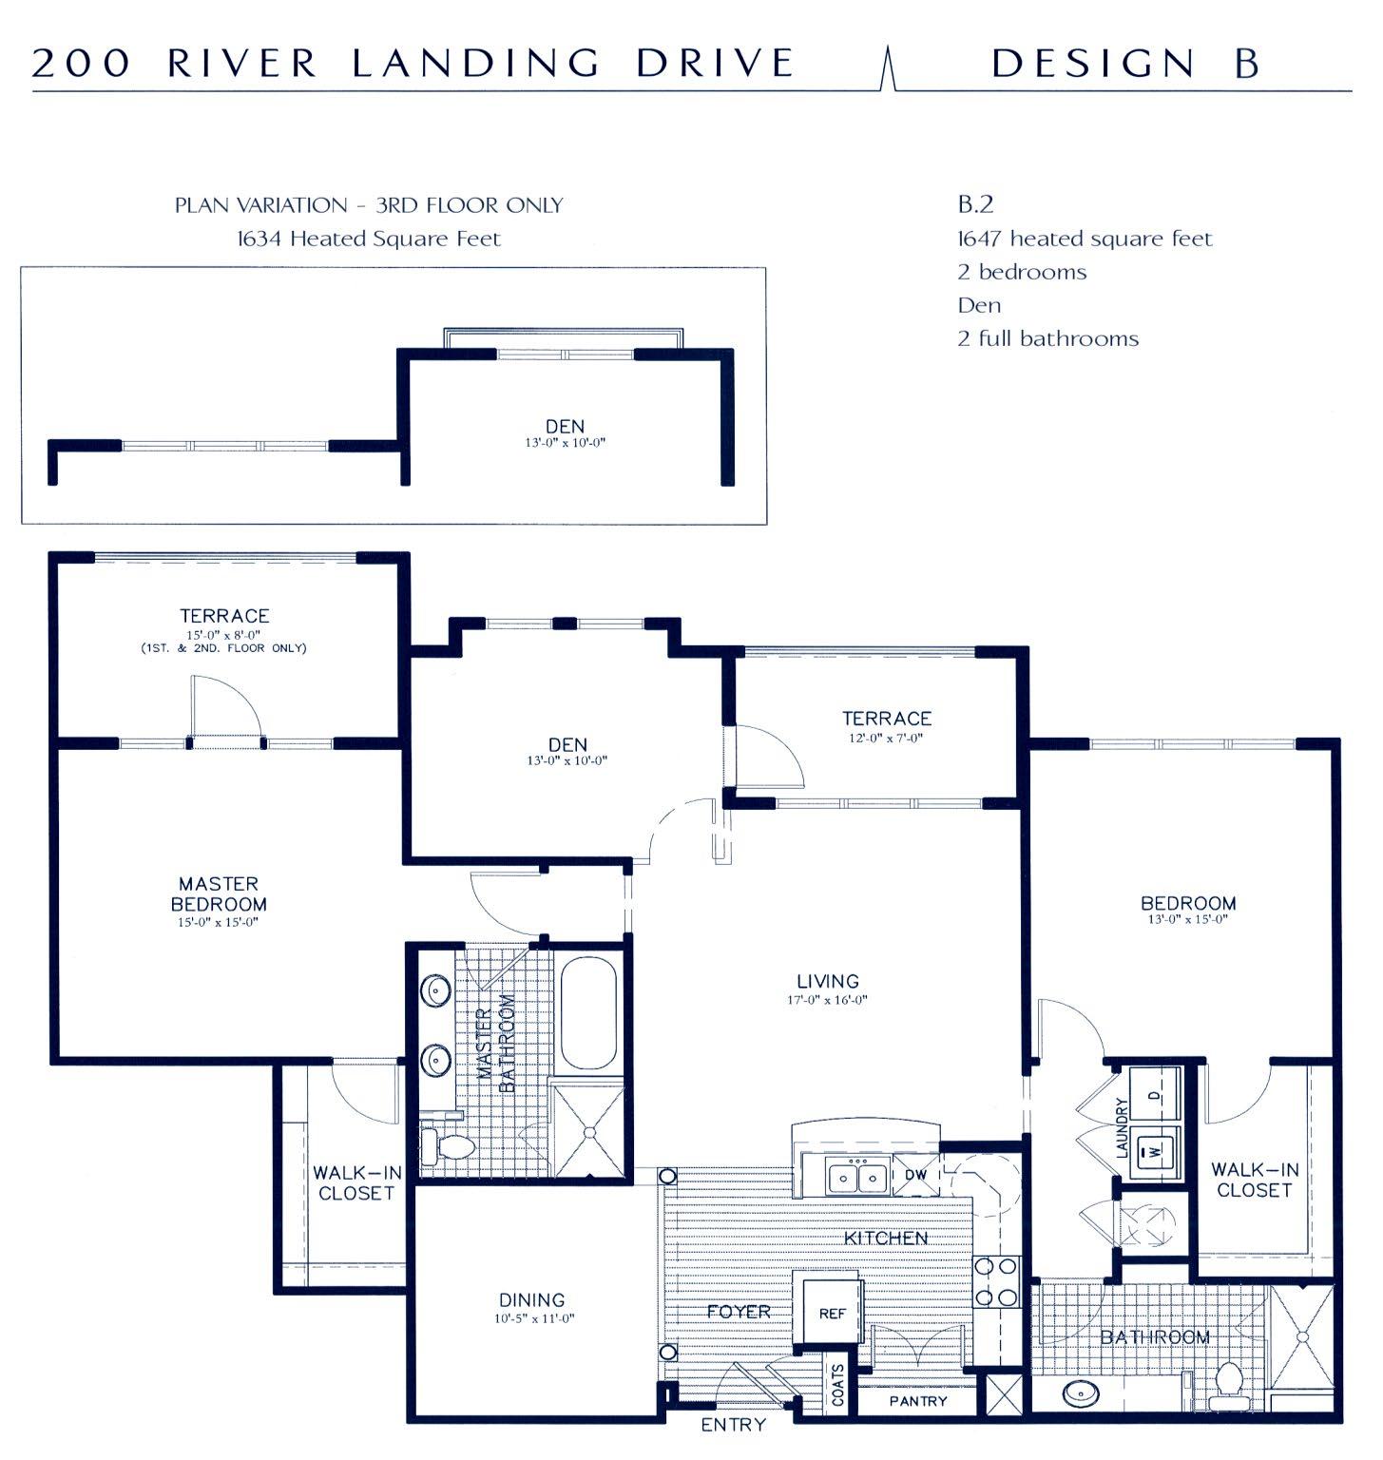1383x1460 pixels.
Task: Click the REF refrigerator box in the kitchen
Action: [x=830, y=1313]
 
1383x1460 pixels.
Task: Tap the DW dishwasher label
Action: [x=915, y=1175]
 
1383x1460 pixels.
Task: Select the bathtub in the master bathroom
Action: [x=588, y=1015]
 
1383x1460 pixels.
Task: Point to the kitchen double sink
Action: [x=857, y=1177]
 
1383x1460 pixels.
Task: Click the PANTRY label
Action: [x=918, y=1401]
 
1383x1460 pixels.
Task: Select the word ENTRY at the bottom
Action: [x=733, y=1425]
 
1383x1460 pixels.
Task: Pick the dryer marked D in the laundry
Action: [x=1154, y=1094]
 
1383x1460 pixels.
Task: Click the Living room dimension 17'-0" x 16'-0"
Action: [x=828, y=1000]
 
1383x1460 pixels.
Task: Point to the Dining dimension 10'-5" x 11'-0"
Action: [x=534, y=1318]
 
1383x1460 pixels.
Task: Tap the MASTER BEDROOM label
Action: [x=219, y=893]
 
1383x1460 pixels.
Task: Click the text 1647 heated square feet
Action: [x=1085, y=239]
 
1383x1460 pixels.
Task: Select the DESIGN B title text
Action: [x=1125, y=63]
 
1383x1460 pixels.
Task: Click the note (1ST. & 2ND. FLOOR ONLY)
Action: [x=224, y=648]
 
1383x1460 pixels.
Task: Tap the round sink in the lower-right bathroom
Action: [x=1081, y=1394]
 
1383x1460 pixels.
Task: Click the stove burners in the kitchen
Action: [x=996, y=1281]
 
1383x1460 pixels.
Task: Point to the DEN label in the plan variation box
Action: [x=565, y=426]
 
